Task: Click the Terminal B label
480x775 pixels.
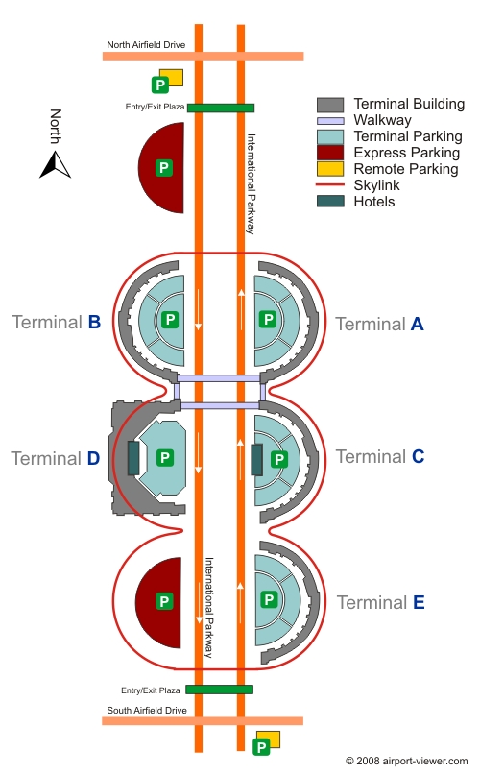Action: [x=57, y=323]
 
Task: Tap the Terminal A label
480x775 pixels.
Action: [x=379, y=325]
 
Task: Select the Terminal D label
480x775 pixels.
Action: [x=56, y=459]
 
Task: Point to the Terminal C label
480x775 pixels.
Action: [x=380, y=457]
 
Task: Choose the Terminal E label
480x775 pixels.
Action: [x=380, y=602]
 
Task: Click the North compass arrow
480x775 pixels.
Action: [x=56, y=164]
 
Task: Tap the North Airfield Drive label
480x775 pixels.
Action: [x=146, y=45]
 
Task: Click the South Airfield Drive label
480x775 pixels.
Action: [x=147, y=711]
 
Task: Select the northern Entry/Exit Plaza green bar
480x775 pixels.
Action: [x=221, y=108]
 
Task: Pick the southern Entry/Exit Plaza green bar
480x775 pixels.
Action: [x=220, y=689]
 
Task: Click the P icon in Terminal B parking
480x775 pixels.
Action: [x=170, y=319]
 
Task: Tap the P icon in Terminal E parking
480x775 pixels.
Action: [x=269, y=599]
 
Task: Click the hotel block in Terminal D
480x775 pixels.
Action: [x=133, y=458]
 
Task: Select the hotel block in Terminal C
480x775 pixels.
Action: [x=256, y=460]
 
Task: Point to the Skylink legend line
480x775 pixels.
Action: [x=330, y=185]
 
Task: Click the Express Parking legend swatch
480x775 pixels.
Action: [x=330, y=153]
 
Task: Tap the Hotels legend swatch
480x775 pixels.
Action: [x=330, y=201]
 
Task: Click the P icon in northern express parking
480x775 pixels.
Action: [x=164, y=167]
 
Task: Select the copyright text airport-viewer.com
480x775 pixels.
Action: [x=407, y=761]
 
